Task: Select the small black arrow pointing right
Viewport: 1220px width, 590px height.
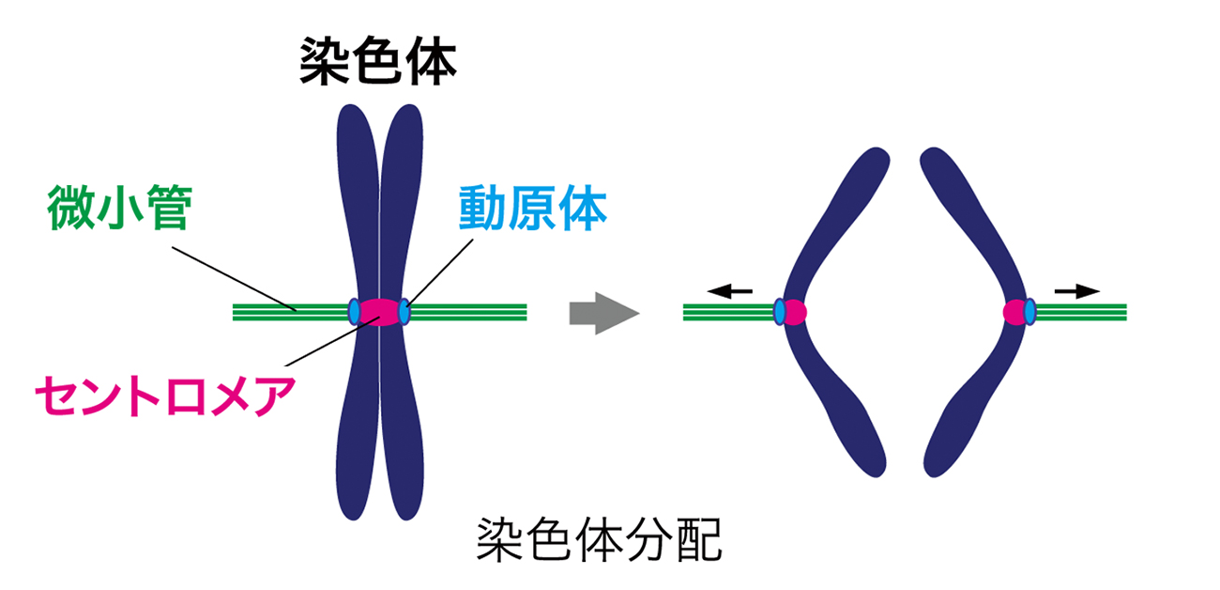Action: pos(1076,291)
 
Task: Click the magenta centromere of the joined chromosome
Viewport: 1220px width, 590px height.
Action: pos(379,311)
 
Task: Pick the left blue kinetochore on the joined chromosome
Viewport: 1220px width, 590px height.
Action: pos(354,311)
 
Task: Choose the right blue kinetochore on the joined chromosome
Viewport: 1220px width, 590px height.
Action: pos(404,311)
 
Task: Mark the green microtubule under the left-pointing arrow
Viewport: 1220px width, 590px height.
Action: pos(727,312)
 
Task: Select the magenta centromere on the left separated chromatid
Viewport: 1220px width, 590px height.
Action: pos(795,312)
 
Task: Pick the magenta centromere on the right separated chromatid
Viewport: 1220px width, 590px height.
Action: pos(1014,312)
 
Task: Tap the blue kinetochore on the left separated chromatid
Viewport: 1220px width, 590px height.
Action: pos(780,312)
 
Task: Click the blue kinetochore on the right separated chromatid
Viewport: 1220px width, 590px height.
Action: pos(1029,312)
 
